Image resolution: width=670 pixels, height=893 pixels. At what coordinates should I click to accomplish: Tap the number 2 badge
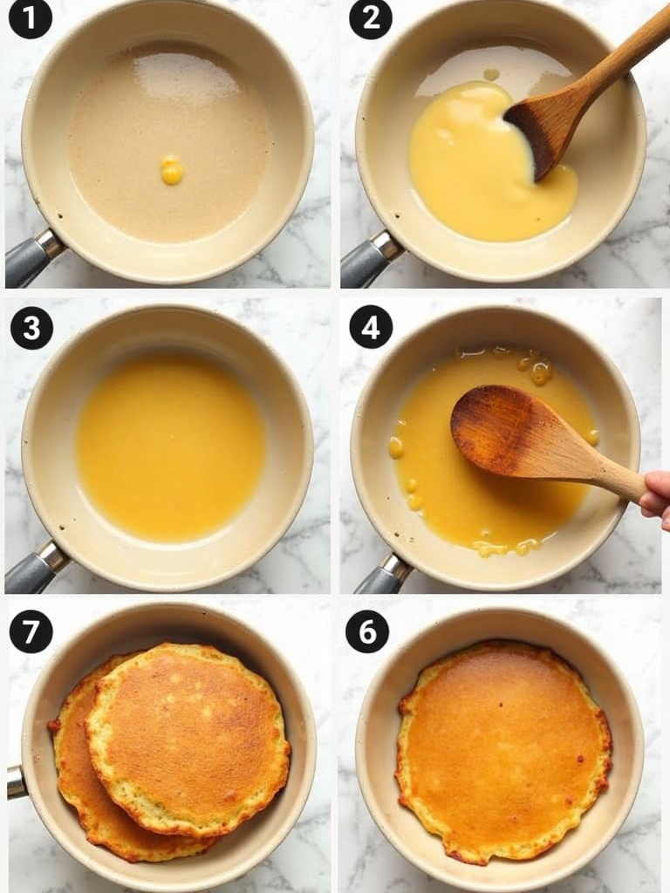tap(370, 18)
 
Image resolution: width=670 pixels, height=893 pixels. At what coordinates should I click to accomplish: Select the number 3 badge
tap(32, 328)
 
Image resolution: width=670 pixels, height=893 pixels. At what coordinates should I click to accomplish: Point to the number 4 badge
tap(371, 327)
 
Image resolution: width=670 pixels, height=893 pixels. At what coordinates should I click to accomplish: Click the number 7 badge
tap(31, 631)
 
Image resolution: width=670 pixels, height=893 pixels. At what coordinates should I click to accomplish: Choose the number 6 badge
tap(367, 631)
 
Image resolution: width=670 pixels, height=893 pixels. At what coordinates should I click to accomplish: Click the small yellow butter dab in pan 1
tap(172, 170)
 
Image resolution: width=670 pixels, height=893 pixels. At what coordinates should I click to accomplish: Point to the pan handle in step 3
tap(35, 567)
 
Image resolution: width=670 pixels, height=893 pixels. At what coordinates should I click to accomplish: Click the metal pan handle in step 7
tap(17, 782)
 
